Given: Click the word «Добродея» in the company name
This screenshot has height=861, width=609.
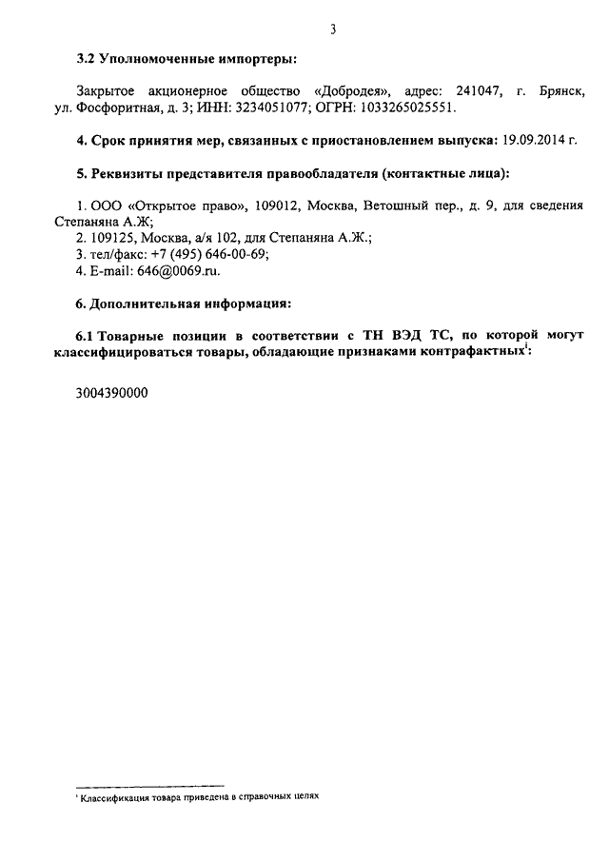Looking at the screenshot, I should (354, 91).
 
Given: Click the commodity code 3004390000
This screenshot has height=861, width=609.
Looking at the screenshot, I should (112, 392).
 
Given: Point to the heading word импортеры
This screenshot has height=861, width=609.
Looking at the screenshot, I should (251, 59).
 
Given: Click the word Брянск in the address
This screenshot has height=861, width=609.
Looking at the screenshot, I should (560, 91).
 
